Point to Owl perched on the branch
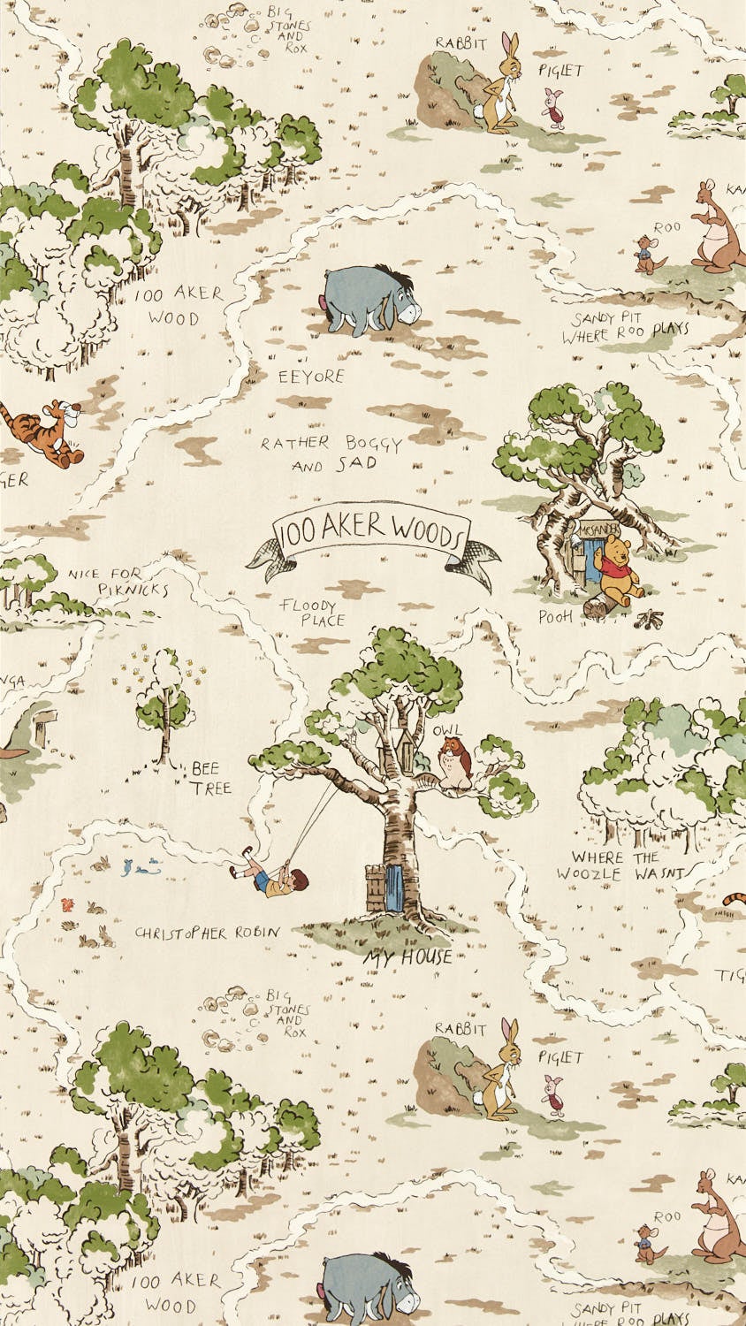click(x=455, y=763)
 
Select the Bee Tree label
click(x=211, y=778)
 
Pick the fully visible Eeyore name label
click(x=311, y=377)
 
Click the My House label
click(x=407, y=956)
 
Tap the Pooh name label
click(x=556, y=615)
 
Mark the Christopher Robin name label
click(x=207, y=933)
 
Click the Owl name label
click(x=446, y=730)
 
